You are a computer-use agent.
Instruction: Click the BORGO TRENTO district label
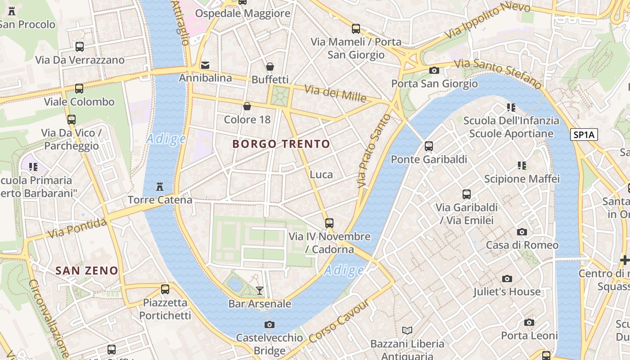click(x=281, y=144)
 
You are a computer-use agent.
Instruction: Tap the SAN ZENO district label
click(x=87, y=270)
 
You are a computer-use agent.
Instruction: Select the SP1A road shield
click(x=584, y=134)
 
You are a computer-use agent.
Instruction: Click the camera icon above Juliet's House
click(x=507, y=279)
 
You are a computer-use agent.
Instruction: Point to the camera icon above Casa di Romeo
click(x=522, y=232)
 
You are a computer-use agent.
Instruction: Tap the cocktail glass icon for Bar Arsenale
click(x=260, y=290)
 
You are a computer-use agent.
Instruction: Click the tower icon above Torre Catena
click(x=159, y=186)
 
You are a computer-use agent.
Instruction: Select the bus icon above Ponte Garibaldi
click(x=429, y=146)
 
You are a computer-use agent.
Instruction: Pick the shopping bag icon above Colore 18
click(x=247, y=106)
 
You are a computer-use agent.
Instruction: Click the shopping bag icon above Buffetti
click(x=270, y=67)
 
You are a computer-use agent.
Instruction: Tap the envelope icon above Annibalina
click(x=205, y=65)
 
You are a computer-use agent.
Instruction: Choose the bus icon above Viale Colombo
click(x=79, y=89)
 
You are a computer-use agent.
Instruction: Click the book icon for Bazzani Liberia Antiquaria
click(x=407, y=331)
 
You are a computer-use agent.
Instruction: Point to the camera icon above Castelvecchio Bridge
click(x=270, y=324)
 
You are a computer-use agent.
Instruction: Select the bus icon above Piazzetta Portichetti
click(x=165, y=289)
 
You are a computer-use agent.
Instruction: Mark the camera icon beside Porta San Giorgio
click(x=434, y=70)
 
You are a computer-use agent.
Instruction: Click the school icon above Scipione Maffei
click(x=522, y=166)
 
